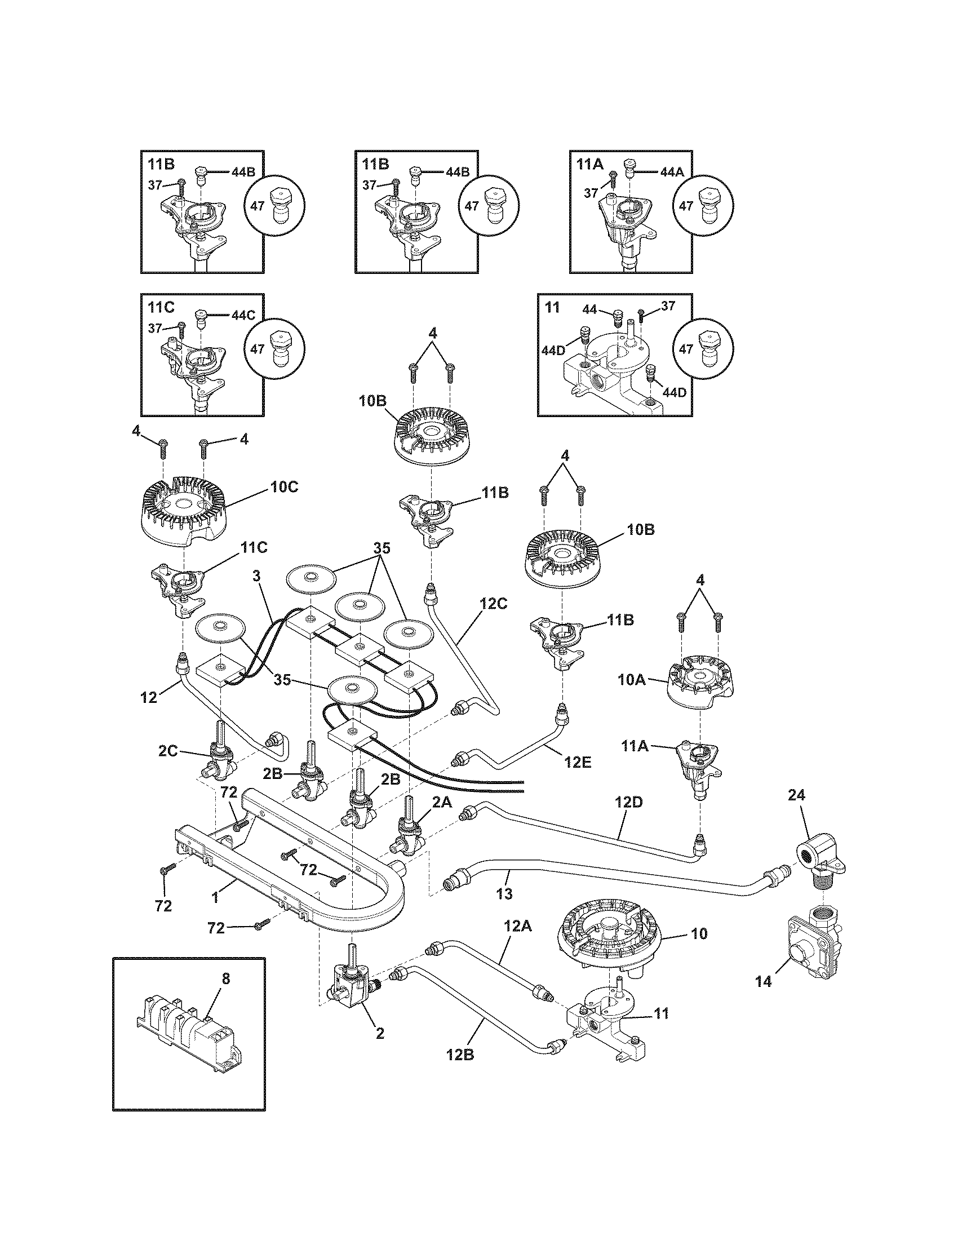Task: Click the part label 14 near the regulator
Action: (764, 982)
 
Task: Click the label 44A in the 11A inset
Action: (672, 171)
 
